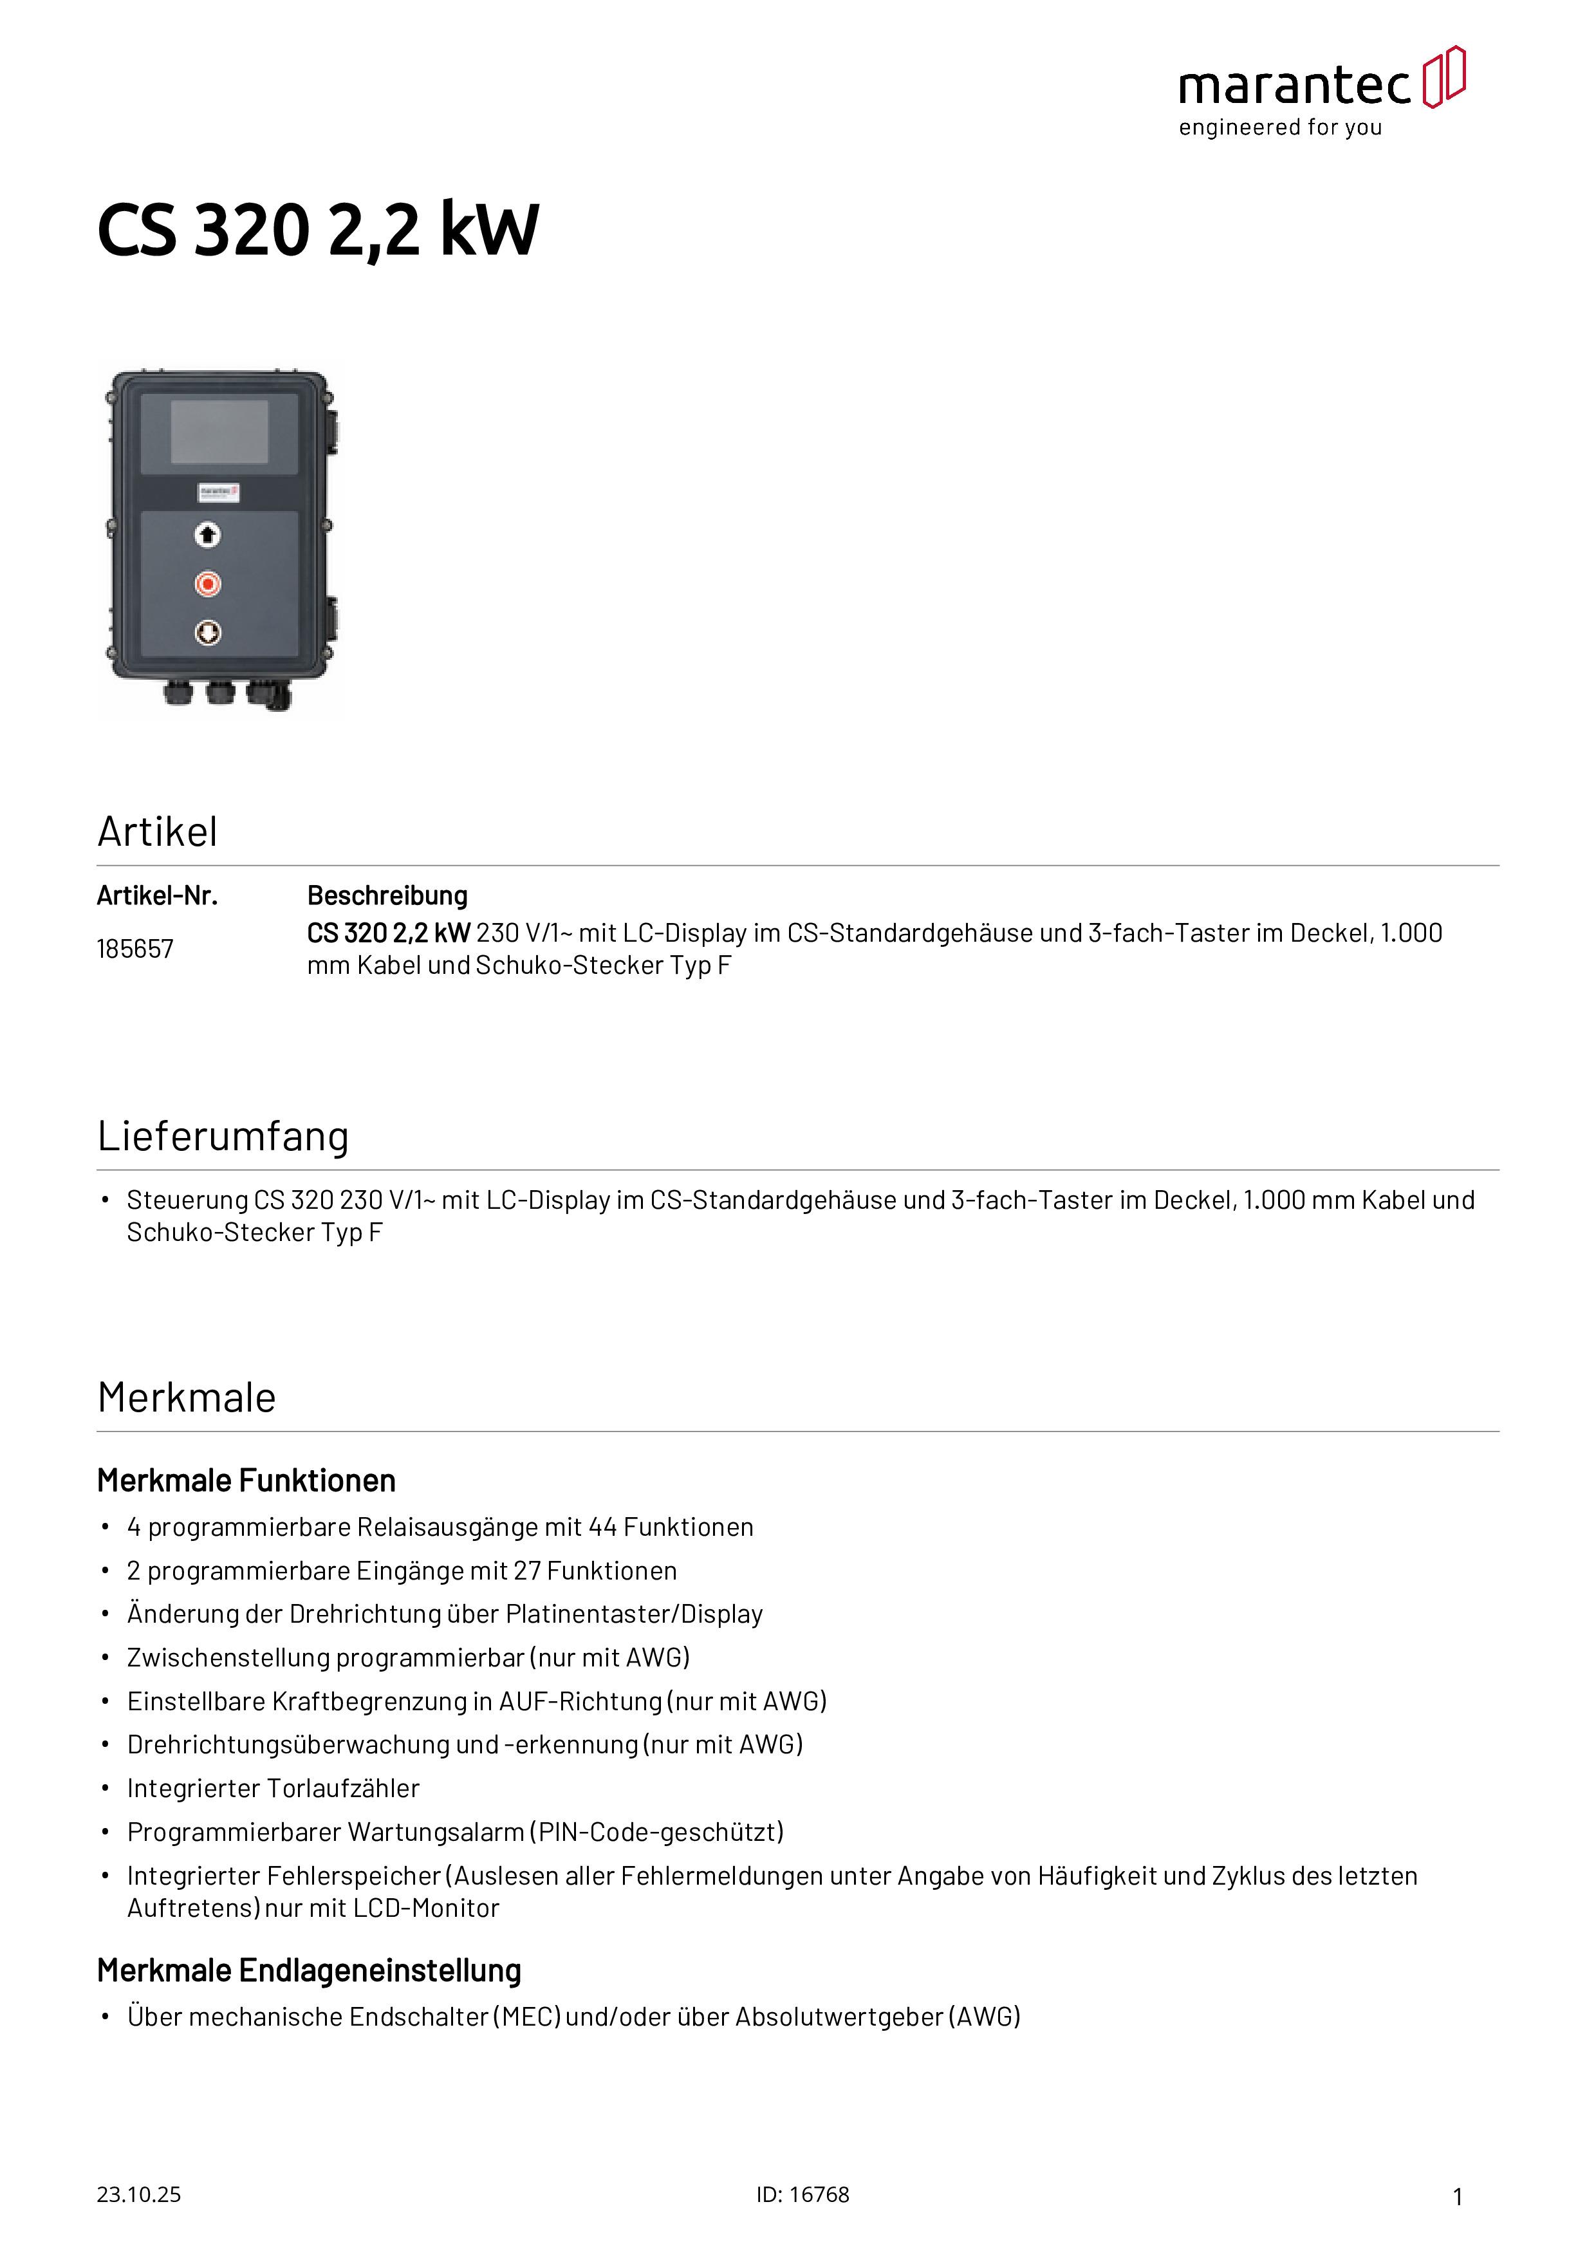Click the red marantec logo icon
coord(1443,77)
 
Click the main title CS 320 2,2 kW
coord(318,230)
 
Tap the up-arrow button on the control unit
coord(207,535)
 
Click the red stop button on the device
coord(207,584)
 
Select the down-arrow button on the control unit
coord(207,632)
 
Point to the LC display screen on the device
coord(219,432)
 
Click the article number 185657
coord(135,949)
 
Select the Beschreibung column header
coord(387,896)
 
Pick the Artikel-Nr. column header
coord(157,896)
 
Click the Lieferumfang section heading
coord(223,1137)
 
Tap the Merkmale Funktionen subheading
coord(246,1481)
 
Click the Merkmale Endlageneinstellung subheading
coord(309,1971)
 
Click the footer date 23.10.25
coord(138,2195)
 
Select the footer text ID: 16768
coord(803,2195)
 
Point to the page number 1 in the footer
coord(1458,2197)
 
